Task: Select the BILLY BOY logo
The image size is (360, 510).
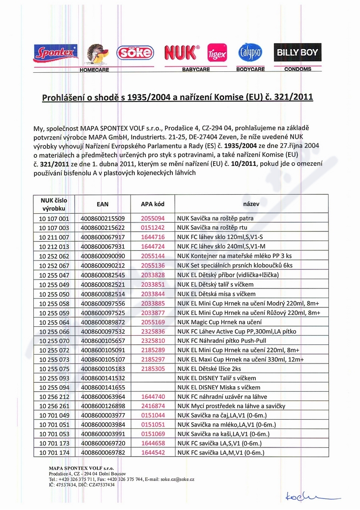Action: coord(297,52)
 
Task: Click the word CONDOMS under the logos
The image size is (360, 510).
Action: coord(298,69)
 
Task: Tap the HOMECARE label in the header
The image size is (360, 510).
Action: coord(94,70)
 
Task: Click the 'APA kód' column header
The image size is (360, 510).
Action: coord(152,204)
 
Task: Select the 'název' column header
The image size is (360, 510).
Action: coord(251,204)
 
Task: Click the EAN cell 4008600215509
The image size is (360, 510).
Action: coord(102,218)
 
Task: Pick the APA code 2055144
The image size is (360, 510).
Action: coord(152,256)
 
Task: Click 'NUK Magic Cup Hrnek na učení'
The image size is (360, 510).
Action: coord(216,322)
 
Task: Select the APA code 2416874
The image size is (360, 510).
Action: coord(152,406)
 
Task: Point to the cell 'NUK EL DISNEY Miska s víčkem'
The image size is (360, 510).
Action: coord(219,387)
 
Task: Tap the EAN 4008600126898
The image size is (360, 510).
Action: coord(102,406)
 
